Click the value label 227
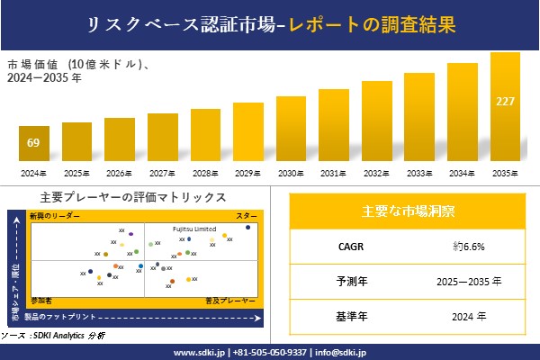click(x=505, y=100)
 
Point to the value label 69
click(x=33, y=143)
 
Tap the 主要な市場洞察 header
click(x=408, y=211)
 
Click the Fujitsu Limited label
click(x=194, y=229)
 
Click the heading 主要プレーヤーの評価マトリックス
click(x=133, y=197)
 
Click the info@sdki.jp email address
click(x=346, y=352)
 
